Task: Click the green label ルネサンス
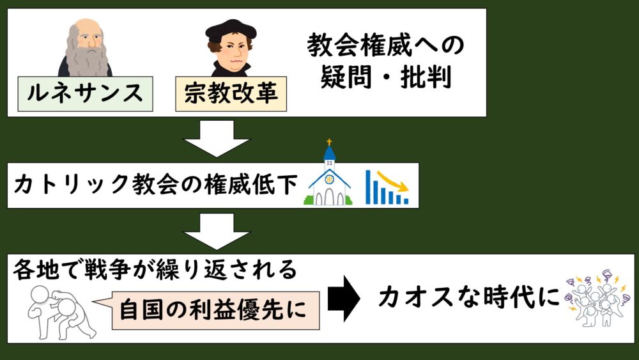85,93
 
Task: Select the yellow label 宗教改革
231,93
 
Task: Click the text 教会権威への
385,45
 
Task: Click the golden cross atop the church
330,142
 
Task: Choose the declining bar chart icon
387,187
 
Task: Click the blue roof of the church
330,153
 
